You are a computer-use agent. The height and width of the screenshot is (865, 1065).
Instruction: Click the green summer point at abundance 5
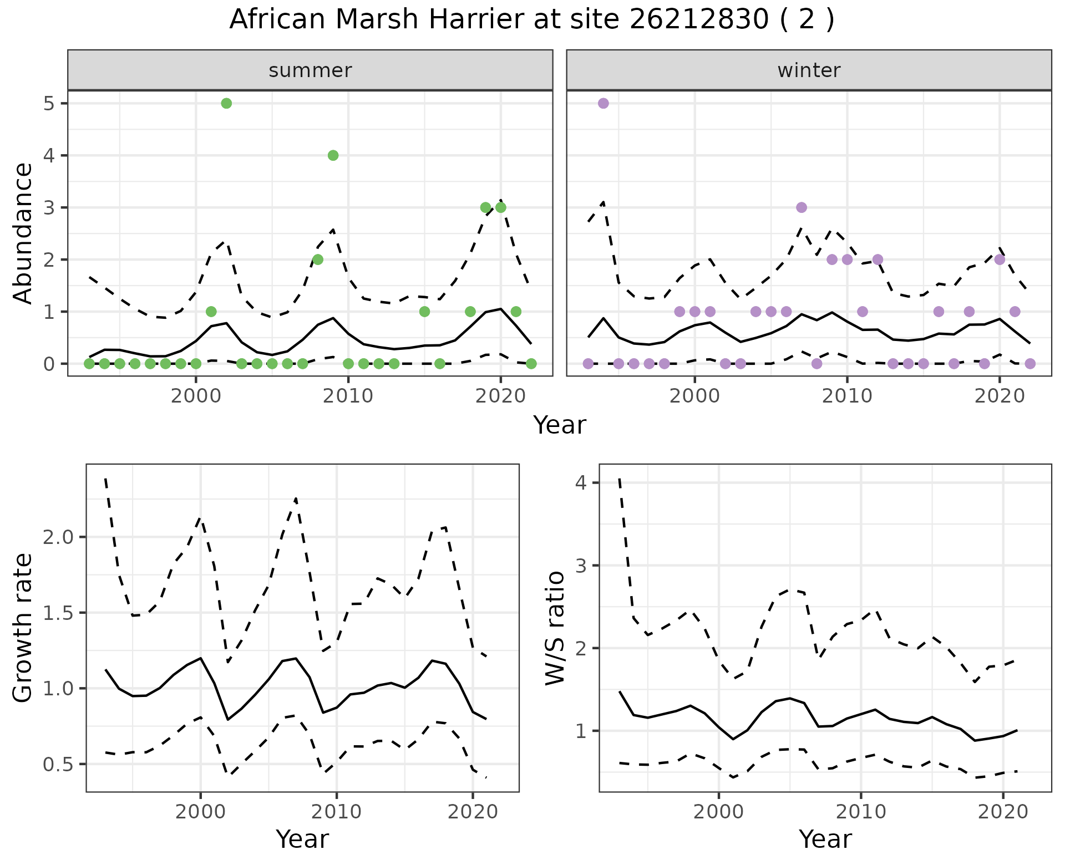pyautogui.click(x=226, y=103)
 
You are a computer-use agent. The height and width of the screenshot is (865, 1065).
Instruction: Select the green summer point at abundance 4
pyautogui.click(x=333, y=155)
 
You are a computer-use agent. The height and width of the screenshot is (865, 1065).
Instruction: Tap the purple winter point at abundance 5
pyautogui.click(x=603, y=103)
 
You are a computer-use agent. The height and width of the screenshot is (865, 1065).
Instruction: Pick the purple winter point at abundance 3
pyautogui.click(x=801, y=207)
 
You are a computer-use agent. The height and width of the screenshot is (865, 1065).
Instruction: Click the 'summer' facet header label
pyautogui.click(x=310, y=70)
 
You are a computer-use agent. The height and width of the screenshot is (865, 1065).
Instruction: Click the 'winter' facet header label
pyautogui.click(x=809, y=70)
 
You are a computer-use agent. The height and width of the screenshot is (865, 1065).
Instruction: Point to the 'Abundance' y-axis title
pyautogui.click(x=23, y=233)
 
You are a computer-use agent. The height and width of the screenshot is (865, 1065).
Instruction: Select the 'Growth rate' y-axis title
pyautogui.click(x=23, y=628)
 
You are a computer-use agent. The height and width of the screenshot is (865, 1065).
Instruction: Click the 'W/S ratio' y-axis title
pyautogui.click(x=555, y=628)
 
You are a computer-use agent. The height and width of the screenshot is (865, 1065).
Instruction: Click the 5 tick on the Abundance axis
pyautogui.click(x=49, y=104)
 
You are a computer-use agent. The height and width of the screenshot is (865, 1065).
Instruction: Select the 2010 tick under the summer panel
pyautogui.click(x=348, y=397)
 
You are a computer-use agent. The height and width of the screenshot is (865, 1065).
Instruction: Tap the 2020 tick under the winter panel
pyautogui.click(x=1000, y=397)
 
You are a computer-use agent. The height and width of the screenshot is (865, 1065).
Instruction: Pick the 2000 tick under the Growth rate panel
pyautogui.click(x=200, y=812)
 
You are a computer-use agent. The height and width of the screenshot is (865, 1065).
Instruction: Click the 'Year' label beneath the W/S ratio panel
pyautogui.click(x=825, y=839)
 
